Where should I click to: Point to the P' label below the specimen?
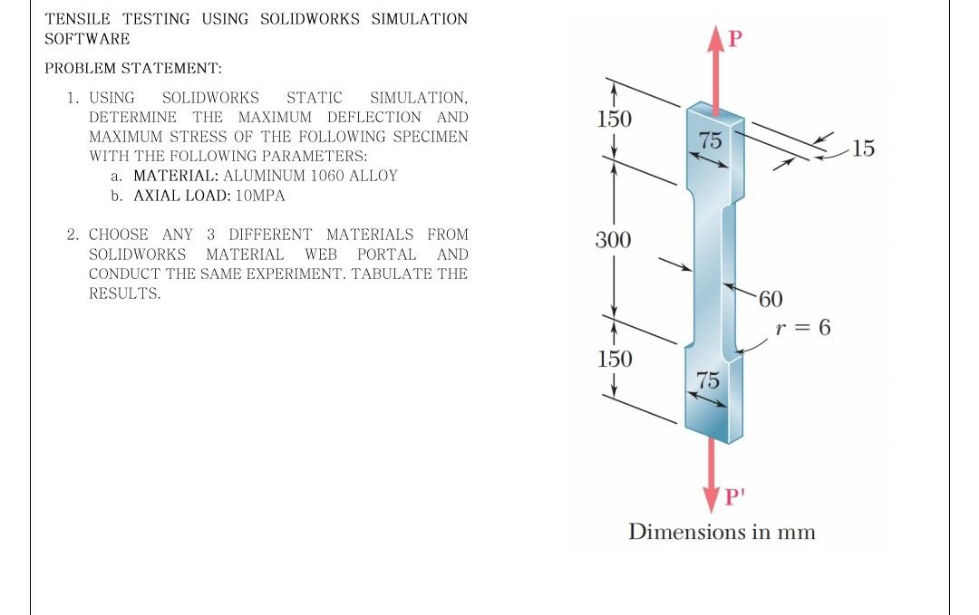[735, 496]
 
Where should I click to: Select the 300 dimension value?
[613, 241]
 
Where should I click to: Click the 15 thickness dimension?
[864, 149]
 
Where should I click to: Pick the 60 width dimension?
[770, 300]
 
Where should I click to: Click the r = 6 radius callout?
[803, 328]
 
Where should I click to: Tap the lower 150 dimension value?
[614, 359]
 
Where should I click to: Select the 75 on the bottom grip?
[709, 380]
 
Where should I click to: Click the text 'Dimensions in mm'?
[722, 532]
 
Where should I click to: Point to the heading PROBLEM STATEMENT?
[133, 68]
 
